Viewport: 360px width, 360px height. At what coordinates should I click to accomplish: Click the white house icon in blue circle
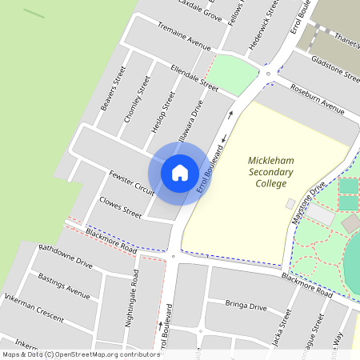(180, 172)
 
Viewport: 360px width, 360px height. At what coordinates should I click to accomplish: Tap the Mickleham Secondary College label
(271, 172)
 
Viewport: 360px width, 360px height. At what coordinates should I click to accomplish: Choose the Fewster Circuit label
(132, 182)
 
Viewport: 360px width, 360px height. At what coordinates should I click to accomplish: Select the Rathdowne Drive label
(66, 255)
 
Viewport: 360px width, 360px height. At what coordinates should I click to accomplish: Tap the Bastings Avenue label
(64, 283)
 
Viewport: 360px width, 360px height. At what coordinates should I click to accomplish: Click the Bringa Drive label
(246, 306)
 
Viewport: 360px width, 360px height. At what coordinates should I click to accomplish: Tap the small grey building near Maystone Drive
(290, 204)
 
